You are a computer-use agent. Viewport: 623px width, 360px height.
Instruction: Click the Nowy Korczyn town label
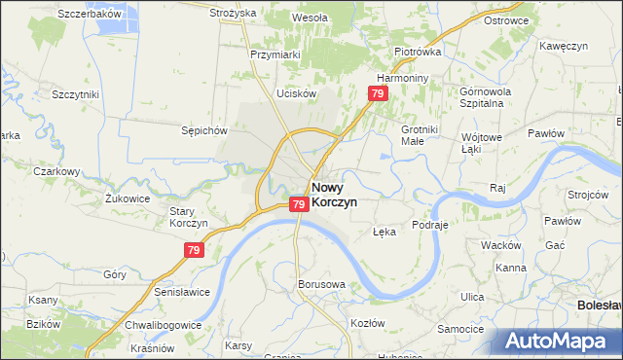click(334, 194)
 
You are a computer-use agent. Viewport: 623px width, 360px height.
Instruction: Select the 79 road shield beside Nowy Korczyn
click(299, 204)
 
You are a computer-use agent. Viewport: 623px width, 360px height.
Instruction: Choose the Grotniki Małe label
click(420, 134)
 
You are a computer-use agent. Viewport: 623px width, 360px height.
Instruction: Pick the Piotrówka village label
click(418, 52)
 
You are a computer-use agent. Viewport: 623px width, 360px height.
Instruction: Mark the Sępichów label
click(203, 129)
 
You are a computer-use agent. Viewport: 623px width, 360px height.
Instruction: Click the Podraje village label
click(429, 224)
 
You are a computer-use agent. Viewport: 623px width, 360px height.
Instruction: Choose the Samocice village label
click(460, 329)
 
